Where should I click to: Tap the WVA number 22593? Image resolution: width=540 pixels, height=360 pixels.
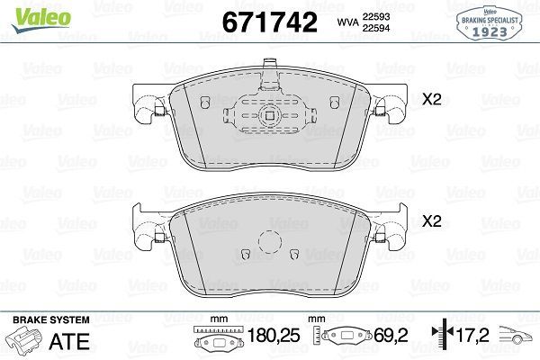374,14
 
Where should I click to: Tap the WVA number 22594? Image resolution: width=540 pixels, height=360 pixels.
374,28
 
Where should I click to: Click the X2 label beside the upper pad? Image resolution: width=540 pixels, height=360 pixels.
432,101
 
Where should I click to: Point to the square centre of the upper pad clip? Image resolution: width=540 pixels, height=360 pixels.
270,115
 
